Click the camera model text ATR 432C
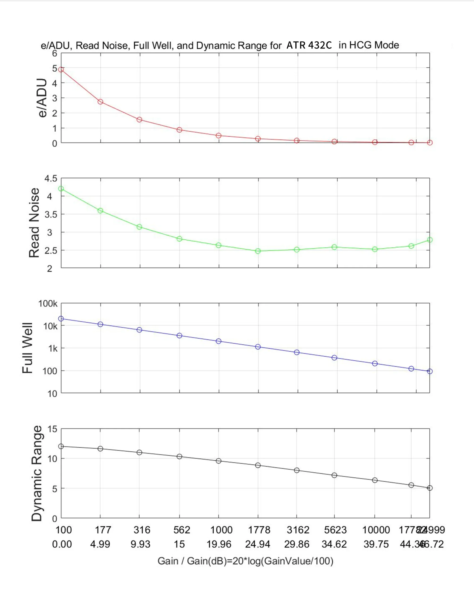pos(309,45)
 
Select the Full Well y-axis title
pos(28,348)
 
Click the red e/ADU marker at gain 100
pos(61,69)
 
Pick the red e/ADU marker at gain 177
pos(100,102)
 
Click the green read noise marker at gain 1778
pos(258,251)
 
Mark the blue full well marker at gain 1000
pos(219,341)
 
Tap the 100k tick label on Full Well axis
pos(48,304)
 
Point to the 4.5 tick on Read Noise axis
pos(51,179)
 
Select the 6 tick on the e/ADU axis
pos(54,53)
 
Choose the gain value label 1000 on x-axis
pos(221,530)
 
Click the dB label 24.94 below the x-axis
pos(258,544)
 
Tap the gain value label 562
pos(182,530)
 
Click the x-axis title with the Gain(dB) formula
pos(245,561)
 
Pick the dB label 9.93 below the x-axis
pos(140,544)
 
